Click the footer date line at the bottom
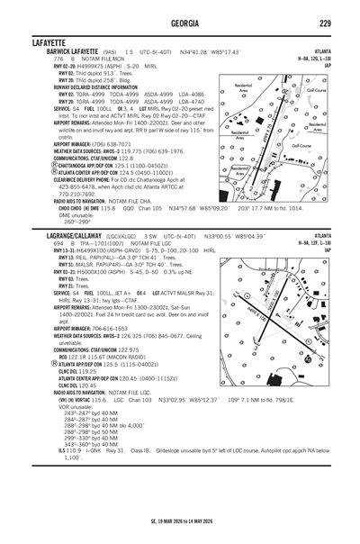coord(180,520)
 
